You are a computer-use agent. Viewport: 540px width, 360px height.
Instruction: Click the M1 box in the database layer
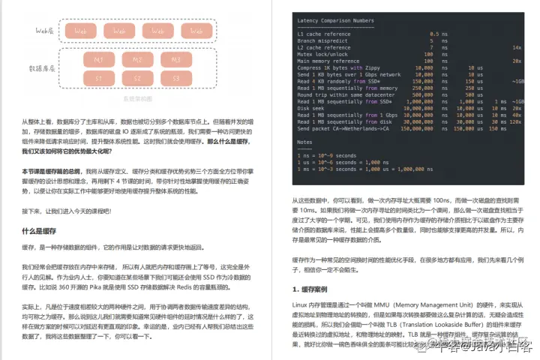pyautogui.click(x=98, y=58)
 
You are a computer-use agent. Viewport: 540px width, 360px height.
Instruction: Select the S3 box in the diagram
pyautogui.click(x=176, y=77)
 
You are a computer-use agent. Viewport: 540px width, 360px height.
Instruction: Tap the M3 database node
pyautogui.click(x=176, y=58)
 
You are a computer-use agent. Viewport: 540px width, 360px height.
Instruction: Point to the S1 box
pyautogui.click(x=98, y=77)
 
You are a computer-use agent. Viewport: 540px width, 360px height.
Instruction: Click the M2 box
pyautogui.click(x=137, y=58)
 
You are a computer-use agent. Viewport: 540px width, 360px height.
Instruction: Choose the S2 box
pyautogui.click(x=137, y=77)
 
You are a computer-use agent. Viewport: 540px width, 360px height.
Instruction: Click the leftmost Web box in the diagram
pyautogui.click(x=80, y=31)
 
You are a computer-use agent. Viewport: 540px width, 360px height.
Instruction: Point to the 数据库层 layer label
pyautogui.click(x=43, y=67)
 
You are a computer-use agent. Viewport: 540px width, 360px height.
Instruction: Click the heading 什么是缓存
pyautogui.click(x=40, y=232)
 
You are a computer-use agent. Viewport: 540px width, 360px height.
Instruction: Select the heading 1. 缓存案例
pyautogui.click(x=313, y=289)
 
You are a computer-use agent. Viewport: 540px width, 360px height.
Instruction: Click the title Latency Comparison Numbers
pyautogui.click(x=337, y=20)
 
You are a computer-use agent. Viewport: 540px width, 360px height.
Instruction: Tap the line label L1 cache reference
pyautogui.click(x=323, y=34)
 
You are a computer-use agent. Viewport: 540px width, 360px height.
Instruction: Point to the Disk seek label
pyautogui.click(x=311, y=107)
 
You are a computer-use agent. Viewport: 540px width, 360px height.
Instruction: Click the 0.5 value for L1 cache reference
pyautogui.click(x=434, y=34)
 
